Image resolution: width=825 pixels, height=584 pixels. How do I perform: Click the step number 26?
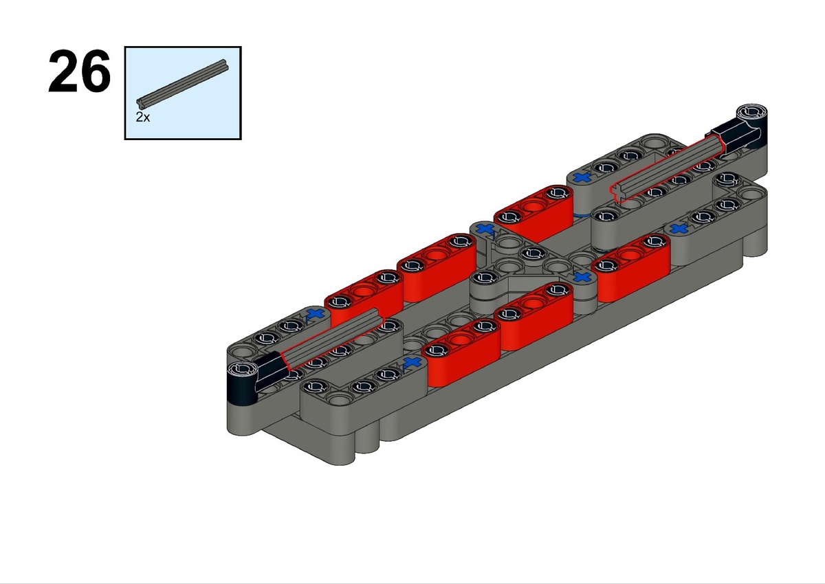pyautogui.click(x=79, y=71)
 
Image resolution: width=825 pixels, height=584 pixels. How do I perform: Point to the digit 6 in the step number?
pyautogui.click(x=96, y=71)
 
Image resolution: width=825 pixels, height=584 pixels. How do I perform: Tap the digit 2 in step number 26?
pyautogui.click(x=63, y=71)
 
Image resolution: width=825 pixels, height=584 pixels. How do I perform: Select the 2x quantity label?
pyautogui.click(x=142, y=117)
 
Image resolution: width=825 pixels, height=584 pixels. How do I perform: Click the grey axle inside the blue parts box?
pyautogui.click(x=182, y=84)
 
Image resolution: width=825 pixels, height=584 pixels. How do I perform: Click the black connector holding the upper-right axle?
pyautogui.click(x=740, y=130)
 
